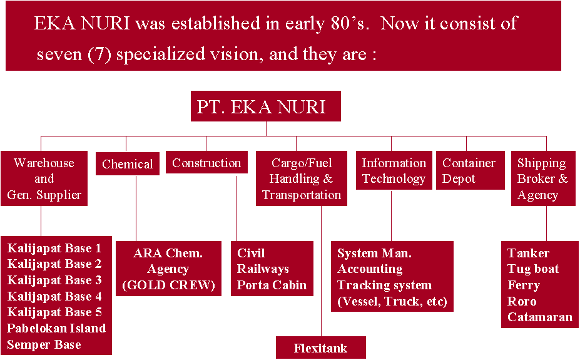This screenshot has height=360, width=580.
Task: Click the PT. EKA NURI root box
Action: pos(265,106)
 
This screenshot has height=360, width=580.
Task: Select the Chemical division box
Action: pos(128,163)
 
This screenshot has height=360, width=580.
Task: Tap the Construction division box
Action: pos(206,162)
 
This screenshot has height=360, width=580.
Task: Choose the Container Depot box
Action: pos(471,170)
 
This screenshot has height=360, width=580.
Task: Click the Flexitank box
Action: pos(321,347)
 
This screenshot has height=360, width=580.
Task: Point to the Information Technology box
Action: pos(394,170)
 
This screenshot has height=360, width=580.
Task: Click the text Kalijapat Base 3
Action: pos(54,280)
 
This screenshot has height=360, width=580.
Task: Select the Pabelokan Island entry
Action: pos(56,328)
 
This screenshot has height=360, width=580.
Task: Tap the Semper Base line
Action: pos(44,344)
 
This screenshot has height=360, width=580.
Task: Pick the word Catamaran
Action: pos(540,317)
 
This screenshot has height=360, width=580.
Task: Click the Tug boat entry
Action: pos(533,269)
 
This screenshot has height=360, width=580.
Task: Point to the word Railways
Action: pos(263,269)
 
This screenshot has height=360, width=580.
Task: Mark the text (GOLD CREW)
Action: pos(168,285)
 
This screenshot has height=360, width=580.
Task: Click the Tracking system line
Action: pos(384,285)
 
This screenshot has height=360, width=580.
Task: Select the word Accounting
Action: pos(370,269)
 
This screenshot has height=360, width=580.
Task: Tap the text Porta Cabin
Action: pos(272,285)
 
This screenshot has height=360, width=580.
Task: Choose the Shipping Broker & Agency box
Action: pos(543,178)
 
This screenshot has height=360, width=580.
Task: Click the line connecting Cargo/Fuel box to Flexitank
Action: pos(321,271)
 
